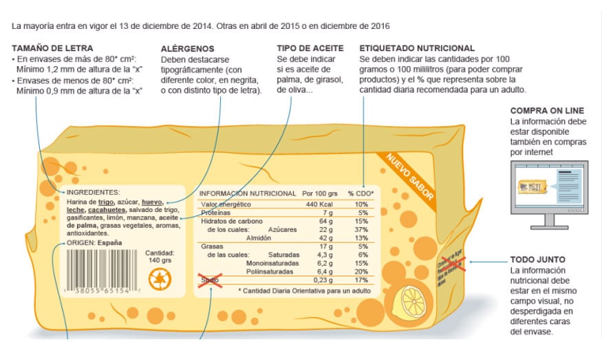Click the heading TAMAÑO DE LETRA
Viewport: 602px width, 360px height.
[48, 48]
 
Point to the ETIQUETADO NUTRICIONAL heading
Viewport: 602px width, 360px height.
[417, 48]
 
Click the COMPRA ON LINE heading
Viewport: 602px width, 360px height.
[547, 110]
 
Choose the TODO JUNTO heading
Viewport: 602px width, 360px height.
[537, 260]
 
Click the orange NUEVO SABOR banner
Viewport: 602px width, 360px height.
[410, 176]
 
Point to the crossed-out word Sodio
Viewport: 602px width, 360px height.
[209, 280]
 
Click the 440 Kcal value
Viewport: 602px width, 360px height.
[320, 204]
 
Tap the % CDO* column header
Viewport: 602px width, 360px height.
[361, 193]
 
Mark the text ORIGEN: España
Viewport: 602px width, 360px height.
[94, 242]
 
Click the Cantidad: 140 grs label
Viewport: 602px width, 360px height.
[160, 257]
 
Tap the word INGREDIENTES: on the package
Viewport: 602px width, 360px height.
[93, 191]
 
